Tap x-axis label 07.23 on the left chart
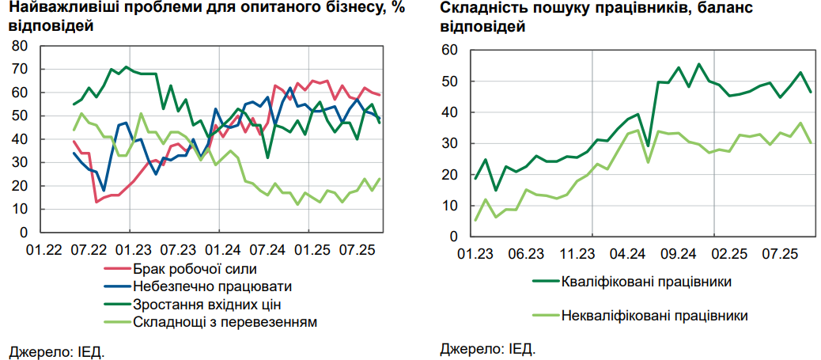tap(178, 249)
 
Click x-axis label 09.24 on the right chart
tap(678, 254)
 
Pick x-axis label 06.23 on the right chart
tap(525, 254)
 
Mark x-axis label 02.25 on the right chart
tap(728, 254)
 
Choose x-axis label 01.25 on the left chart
tap(312, 249)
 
